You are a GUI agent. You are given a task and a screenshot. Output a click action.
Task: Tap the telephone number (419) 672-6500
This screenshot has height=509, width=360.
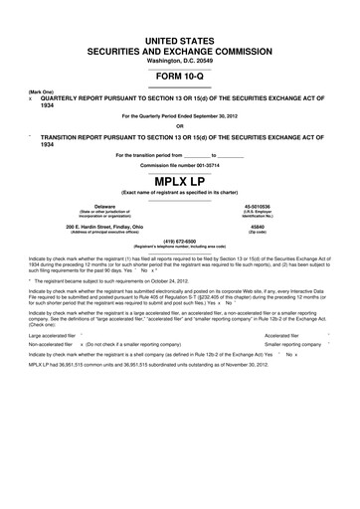(x=180, y=240)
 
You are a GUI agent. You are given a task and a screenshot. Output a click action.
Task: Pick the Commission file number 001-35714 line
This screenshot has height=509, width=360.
(x=180, y=163)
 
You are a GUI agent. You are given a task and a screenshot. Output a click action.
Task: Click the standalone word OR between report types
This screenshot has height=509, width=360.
(x=180, y=125)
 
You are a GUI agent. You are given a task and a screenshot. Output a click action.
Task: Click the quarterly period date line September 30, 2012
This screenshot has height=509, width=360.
(x=180, y=116)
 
